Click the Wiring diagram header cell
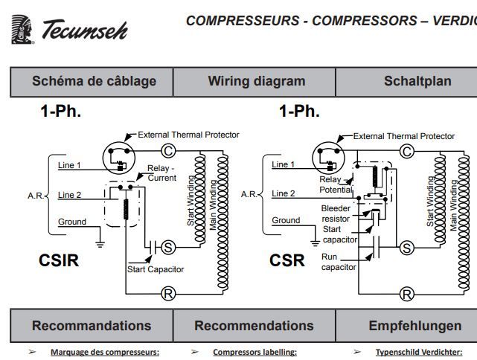[x=256, y=81]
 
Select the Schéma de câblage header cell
[x=94, y=81]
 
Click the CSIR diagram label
[x=59, y=261]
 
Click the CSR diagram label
[x=287, y=261]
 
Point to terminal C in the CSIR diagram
[x=168, y=150]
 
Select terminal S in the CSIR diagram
[x=168, y=247]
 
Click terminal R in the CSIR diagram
[x=168, y=294]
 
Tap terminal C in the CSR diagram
[x=406, y=152]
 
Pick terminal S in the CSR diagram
[x=406, y=247]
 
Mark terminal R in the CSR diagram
[x=406, y=295]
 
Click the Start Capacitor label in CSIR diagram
[x=156, y=269]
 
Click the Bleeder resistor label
[x=336, y=214]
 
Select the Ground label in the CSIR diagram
[x=72, y=222]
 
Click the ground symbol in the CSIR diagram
[x=100, y=242]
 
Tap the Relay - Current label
[x=161, y=173]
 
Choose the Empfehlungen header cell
[x=414, y=326]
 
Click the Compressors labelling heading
[x=254, y=353]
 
